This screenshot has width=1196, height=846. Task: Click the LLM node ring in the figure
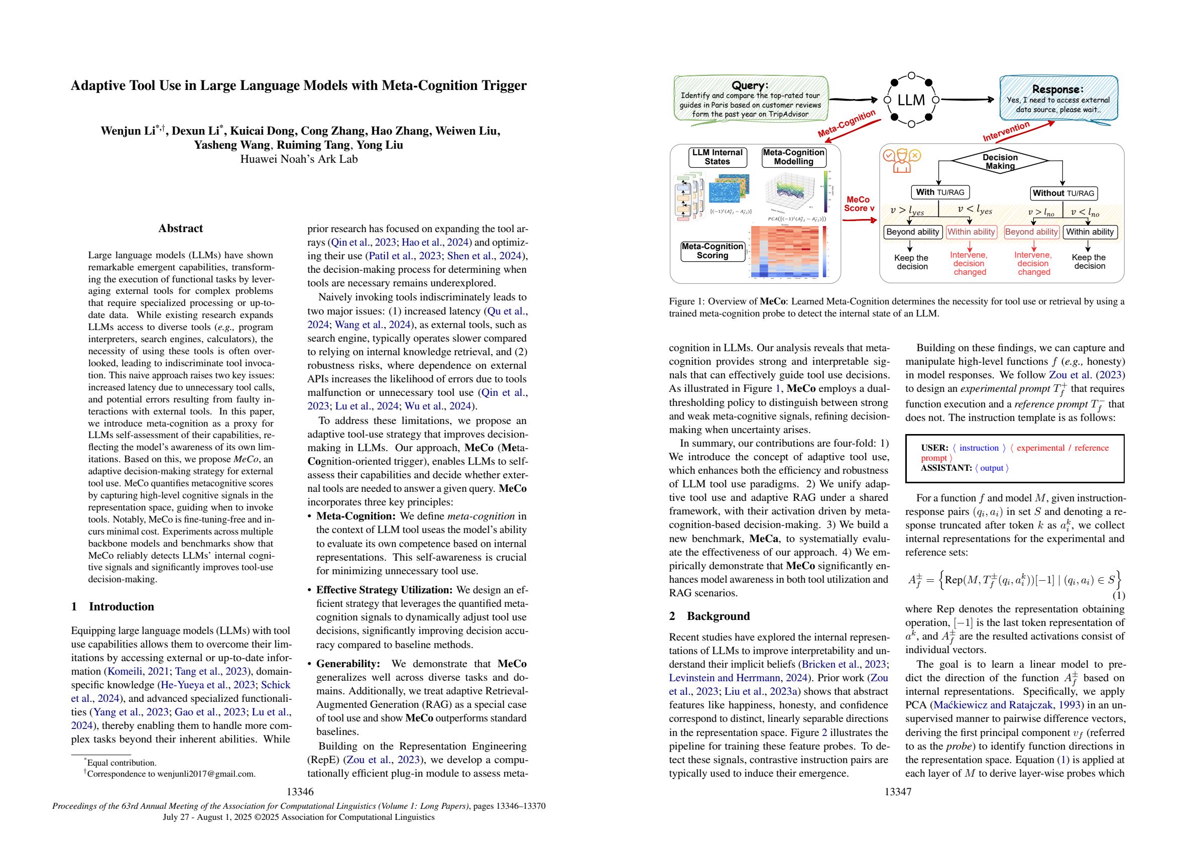[x=911, y=100]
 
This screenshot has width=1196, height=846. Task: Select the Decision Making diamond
[x=1000, y=162]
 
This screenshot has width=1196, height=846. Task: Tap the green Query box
[x=750, y=99]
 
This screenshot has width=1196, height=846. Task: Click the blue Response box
[x=1058, y=99]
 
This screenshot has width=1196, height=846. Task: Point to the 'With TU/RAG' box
[x=940, y=192]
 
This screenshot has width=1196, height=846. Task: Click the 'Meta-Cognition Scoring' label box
[x=712, y=251]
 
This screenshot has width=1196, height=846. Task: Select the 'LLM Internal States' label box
[x=717, y=157]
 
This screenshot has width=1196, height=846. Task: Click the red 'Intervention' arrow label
[x=1006, y=131]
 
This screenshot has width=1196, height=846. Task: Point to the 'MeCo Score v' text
[x=859, y=204]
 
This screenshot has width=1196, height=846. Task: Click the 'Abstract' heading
[x=180, y=228]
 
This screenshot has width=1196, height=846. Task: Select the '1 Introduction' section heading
[x=112, y=607]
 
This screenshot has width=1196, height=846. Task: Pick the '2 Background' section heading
[x=709, y=616]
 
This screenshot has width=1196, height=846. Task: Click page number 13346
[x=300, y=792]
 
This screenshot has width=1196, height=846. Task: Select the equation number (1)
[x=1118, y=595]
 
